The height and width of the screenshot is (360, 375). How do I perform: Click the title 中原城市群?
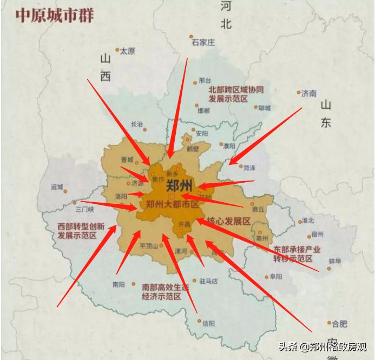[54, 15]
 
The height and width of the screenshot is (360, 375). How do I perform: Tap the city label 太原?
[127, 51]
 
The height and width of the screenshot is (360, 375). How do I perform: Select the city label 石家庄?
[203, 42]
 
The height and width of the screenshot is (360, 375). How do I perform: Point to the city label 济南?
[309, 94]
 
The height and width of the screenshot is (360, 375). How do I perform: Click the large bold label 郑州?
[180, 185]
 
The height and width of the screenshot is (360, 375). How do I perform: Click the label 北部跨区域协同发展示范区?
[236, 95]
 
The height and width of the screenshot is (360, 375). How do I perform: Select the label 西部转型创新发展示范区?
[81, 231]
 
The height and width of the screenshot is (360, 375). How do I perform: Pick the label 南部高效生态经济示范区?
[165, 291]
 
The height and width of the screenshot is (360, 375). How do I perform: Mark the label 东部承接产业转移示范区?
[297, 254]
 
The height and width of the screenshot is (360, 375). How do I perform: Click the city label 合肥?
[339, 324]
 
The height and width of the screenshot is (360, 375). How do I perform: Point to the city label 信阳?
[208, 323]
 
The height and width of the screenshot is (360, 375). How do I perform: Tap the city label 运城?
[57, 187]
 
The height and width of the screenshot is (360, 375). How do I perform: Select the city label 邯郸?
[203, 111]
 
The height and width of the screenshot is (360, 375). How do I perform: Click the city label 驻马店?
[208, 281]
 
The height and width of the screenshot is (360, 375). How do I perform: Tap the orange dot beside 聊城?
[256, 107]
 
